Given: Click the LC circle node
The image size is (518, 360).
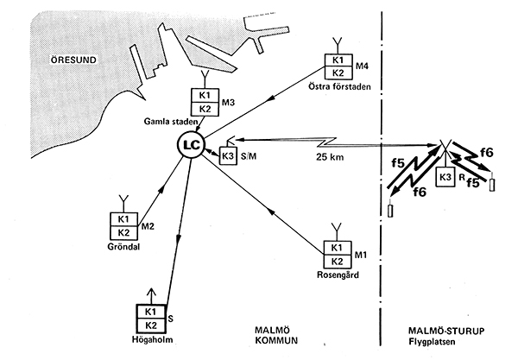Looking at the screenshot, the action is click(192, 145).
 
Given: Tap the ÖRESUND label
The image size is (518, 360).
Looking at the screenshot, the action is click(73, 60).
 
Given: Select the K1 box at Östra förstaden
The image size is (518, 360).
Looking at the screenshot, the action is click(338, 60).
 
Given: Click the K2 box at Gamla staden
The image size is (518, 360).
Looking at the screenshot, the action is click(205, 109).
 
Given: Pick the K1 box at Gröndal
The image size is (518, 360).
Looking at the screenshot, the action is click(123, 219).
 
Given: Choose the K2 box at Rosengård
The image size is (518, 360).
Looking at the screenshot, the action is click(337, 262).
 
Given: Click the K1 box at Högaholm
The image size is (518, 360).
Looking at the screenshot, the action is click(151, 312).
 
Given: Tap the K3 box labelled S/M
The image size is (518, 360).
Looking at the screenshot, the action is click(228, 155).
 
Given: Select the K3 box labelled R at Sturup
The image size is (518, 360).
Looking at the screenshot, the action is click(445, 177).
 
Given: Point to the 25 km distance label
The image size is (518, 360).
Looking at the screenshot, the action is click(330, 157).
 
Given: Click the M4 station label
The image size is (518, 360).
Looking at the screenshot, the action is click(362, 66).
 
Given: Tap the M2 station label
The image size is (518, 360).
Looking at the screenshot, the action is click(148, 226).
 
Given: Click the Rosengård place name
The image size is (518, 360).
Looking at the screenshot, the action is click(338, 275).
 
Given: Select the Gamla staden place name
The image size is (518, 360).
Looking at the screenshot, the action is click(170, 122).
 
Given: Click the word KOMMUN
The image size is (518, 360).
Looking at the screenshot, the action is click(276, 340).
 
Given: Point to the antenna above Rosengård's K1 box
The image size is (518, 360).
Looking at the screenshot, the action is click(337, 232).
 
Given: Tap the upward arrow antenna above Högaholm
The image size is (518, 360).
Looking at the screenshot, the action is click(151, 296).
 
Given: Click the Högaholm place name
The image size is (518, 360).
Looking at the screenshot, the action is click(152, 339).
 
